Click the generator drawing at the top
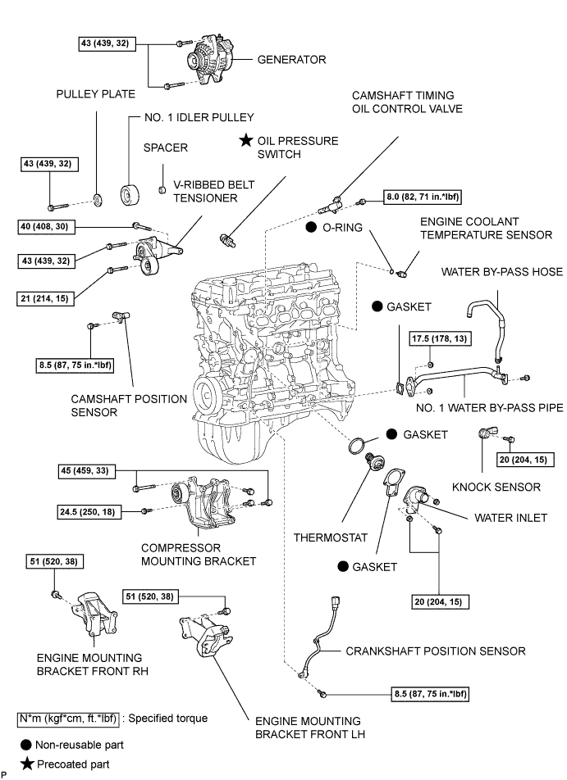[207, 59]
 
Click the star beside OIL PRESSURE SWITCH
[245, 142]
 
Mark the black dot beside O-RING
[313, 226]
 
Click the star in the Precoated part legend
[26, 764]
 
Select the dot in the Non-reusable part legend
[26, 745]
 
